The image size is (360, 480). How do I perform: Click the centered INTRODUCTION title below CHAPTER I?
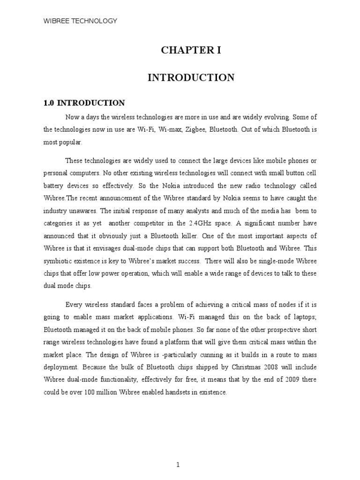coord(191,78)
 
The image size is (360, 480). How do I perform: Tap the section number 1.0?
coord(49,103)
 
